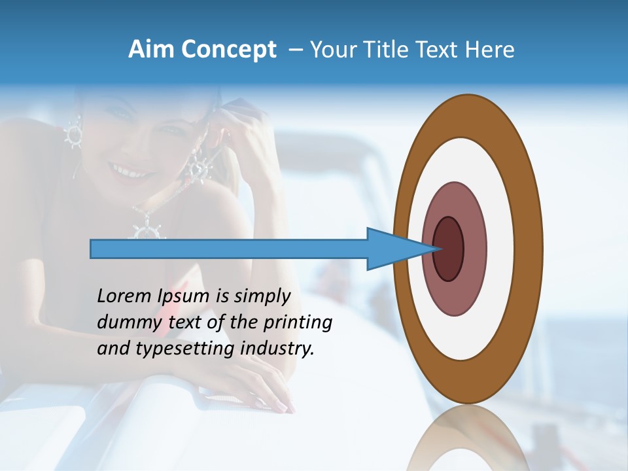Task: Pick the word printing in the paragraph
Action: pyautogui.click(x=297, y=323)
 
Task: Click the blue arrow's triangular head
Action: pyautogui.click(x=392, y=249)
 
